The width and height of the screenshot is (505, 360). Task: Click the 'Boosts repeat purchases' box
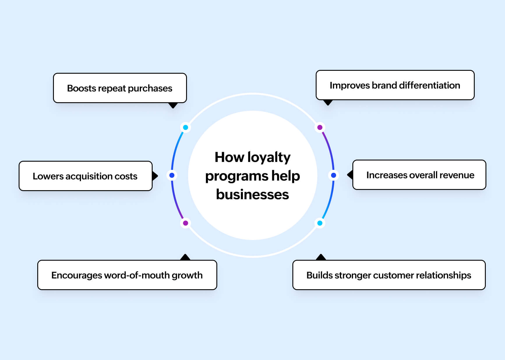click(x=120, y=88)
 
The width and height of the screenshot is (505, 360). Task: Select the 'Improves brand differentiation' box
click(x=395, y=85)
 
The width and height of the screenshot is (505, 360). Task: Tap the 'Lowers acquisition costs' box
click(x=85, y=176)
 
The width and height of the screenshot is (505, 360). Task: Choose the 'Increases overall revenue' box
click(x=419, y=175)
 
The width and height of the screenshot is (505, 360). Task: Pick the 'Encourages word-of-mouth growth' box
click(x=127, y=275)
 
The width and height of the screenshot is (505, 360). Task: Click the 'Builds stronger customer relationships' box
click(x=389, y=275)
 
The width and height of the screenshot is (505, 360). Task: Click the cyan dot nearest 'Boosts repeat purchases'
click(x=186, y=127)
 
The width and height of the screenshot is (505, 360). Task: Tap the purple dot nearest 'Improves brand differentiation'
click(x=320, y=127)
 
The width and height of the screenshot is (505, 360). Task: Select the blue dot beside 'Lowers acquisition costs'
click(x=172, y=175)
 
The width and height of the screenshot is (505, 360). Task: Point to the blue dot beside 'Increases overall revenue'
click(x=334, y=175)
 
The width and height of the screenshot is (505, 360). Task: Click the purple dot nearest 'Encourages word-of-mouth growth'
click(x=186, y=223)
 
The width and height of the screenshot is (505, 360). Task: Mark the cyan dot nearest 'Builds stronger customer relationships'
click(x=320, y=223)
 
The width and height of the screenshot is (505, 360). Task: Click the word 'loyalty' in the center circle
click(x=269, y=158)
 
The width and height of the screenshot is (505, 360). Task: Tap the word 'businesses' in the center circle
click(x=252, y=195)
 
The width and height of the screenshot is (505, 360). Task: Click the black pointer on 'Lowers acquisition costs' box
click(x=155, y=176)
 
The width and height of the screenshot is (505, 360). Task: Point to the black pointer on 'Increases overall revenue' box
click(x=350, y=175)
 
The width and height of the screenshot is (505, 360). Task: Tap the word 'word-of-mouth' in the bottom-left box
click(x=137, y=275)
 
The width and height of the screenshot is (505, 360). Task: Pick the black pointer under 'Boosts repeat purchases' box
click(x=173, y=105)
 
